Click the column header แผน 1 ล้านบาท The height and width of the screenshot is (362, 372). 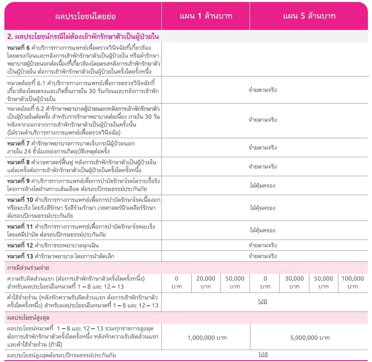(x=206, y=16)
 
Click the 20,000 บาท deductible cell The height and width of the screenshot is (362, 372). (x=206, y=282)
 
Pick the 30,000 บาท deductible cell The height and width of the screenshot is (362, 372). (x=294, y=282)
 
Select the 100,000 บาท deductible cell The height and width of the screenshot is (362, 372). (x=353, y=282)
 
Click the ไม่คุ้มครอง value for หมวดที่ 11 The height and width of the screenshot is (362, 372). (x=263, y=230)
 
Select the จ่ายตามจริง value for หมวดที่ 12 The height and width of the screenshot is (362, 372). (x=263, y=245)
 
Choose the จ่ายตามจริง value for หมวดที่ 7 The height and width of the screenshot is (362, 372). (x=263, y=148)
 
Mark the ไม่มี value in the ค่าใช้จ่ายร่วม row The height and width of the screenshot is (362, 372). (x=263, y=302)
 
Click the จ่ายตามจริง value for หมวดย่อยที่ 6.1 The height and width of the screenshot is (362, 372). (x=263, y=90)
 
